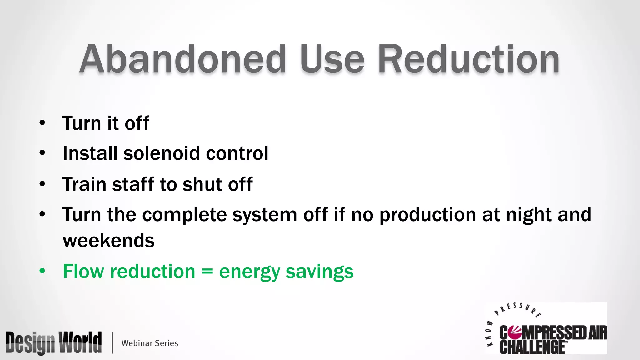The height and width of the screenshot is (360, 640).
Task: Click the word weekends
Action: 108,241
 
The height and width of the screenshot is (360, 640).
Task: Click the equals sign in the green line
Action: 207,271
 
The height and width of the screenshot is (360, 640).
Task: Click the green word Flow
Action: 82,271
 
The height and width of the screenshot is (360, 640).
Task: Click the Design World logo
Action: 53,343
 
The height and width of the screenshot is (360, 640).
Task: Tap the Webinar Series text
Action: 150,343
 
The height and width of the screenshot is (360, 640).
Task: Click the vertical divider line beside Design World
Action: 112,343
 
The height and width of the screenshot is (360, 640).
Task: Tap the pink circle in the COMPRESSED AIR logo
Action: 514,333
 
